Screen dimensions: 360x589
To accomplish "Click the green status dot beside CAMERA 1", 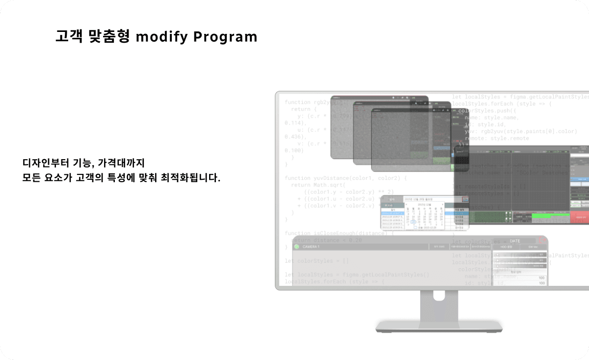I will (297, 246).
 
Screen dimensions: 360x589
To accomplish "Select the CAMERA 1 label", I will (311, 246).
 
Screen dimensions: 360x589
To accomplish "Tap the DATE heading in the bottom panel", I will (515, 241).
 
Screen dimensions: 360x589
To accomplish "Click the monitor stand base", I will (439, 327).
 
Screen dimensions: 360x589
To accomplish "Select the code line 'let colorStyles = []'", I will (317, 261).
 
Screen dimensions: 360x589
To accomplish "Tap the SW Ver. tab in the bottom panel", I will (533, 247).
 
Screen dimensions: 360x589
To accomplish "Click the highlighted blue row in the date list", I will (393, 213).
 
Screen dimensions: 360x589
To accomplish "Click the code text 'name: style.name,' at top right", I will (491, 117).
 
